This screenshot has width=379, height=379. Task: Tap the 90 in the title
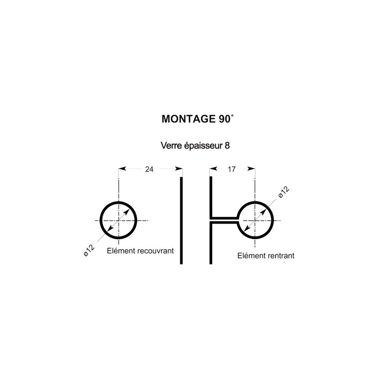(225, 119)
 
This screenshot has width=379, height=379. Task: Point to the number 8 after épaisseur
(227, 146)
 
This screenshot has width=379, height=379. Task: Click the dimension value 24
(149, 169)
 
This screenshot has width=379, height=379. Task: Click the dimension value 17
(232, 169)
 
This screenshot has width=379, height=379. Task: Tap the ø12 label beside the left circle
(89, 250)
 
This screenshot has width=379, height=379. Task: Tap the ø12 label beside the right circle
(284, 192)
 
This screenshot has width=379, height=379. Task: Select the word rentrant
(281, 256)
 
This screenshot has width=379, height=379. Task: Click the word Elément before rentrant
(252, 255)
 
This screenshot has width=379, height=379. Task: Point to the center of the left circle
(118, 220)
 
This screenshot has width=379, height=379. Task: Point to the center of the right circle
(255, 220)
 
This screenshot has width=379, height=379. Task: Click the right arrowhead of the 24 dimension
(179, 169)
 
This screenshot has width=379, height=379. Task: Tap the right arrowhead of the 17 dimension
(252, 169)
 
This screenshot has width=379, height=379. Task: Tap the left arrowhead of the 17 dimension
(213, 169)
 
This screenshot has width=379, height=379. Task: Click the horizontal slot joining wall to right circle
(225, 220)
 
